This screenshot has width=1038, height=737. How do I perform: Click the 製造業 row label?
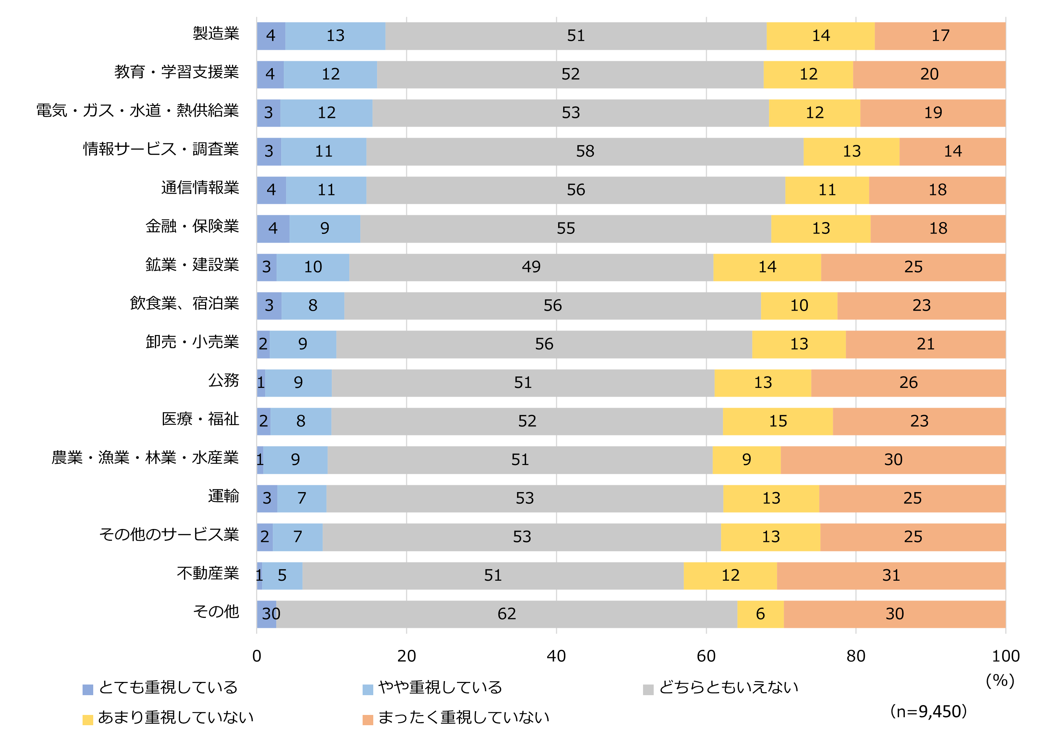pos(216,33)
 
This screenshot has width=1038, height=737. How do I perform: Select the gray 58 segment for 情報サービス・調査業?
pos(584,151)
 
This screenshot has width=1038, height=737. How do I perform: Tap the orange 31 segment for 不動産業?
pos(890,575)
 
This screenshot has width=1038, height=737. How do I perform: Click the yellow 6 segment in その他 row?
pos(760,614)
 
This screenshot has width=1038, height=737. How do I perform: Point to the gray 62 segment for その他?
pos(506,614)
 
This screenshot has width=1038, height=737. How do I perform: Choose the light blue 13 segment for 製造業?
pos(335,36)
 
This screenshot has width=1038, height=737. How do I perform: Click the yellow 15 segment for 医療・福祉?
pos(777,421)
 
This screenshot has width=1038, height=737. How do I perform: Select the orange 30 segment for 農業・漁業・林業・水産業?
pos(893,460)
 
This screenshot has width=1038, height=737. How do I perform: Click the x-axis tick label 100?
pos(1005,656)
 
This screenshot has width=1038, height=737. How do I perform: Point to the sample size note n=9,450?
pos(928,711)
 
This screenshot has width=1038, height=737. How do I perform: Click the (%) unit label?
pos(1000,680)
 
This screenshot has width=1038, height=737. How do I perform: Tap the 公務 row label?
pos(223,380)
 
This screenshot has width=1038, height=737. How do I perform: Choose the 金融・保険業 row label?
pos(192,226)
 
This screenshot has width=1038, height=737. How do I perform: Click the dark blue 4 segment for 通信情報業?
pos(271,190)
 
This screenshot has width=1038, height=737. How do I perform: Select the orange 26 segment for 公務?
pos(908,383)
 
